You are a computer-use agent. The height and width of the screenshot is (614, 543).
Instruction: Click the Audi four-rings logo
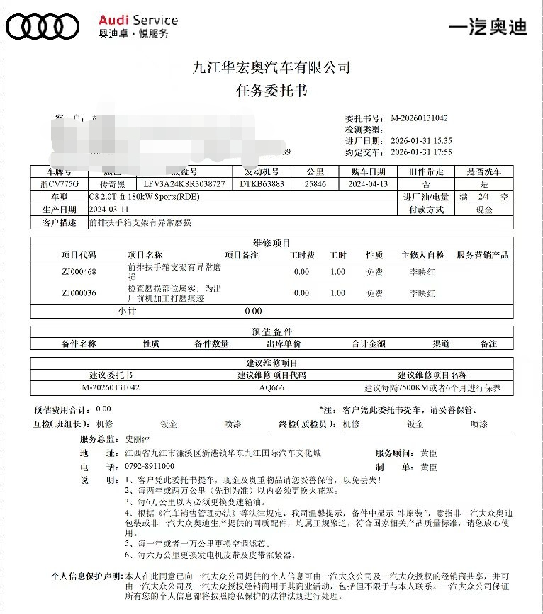click(42, 26)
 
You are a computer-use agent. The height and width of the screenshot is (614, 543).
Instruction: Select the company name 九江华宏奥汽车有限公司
click(271, 68)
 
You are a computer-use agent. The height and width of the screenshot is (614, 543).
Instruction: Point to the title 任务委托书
click(271, 91)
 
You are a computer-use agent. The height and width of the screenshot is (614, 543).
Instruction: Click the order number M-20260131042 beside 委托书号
click(419, 118)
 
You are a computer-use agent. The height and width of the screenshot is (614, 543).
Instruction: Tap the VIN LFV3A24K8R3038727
click(184, 183)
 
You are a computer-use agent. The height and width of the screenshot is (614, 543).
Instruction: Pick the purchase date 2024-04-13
click(368, 183)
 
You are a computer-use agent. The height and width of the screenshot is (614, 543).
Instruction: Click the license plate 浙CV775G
click(60, 183)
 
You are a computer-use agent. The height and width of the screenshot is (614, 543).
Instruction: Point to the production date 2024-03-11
click(109, 210)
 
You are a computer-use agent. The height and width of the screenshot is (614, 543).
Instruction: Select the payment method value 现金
click(484, 210)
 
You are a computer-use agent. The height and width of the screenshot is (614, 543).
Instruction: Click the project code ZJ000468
click(79, 271)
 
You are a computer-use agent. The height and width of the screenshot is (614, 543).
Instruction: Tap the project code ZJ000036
click(79, 293)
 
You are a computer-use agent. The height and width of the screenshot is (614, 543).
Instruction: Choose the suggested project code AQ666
click(271, 387)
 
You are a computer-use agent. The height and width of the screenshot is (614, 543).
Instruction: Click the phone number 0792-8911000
click(150, 467)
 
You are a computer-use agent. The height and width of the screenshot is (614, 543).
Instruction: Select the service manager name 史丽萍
click(137, 439)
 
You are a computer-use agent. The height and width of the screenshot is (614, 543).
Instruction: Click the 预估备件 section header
click(271, 331)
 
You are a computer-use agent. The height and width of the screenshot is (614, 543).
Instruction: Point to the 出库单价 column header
click(284, 343)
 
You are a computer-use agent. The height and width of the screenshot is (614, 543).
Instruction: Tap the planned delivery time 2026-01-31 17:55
click(421, 152)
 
